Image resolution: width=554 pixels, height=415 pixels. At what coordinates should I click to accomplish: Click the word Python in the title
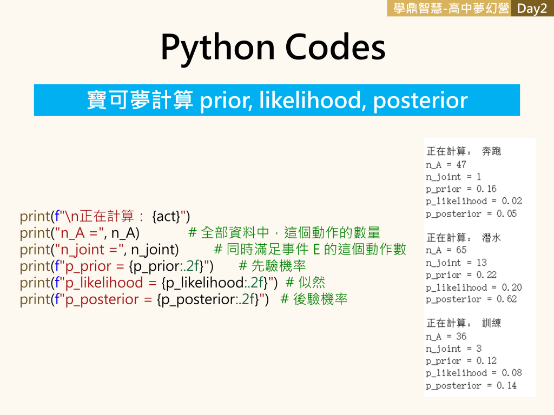[217, 48]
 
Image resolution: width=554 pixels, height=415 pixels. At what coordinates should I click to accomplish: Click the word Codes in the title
[335, 48]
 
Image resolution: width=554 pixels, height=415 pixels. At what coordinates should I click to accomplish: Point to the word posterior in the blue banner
[420, 101]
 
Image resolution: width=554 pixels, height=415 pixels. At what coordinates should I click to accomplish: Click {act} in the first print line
[166, 216]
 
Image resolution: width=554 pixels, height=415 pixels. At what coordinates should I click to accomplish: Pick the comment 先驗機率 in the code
[279, 266]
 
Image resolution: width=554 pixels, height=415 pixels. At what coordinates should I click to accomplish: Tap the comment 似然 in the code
[312, 283]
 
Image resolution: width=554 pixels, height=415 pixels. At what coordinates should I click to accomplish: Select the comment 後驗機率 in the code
[320, 299]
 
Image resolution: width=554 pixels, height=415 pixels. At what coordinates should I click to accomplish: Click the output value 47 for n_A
[461, 164]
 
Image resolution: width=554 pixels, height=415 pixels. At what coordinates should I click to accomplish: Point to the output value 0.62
[506, 299]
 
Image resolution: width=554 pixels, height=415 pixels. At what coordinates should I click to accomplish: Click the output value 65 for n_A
[461, 250]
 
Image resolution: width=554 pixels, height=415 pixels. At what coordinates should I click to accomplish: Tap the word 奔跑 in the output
[491, 151]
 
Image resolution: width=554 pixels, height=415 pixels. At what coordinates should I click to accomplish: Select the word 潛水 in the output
[491, 238]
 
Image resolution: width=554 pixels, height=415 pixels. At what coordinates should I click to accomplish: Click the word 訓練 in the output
[491, 323]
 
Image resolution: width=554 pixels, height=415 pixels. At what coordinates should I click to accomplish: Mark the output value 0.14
[506, 385]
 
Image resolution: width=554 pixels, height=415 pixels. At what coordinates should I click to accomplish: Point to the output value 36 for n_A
[461, 336]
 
